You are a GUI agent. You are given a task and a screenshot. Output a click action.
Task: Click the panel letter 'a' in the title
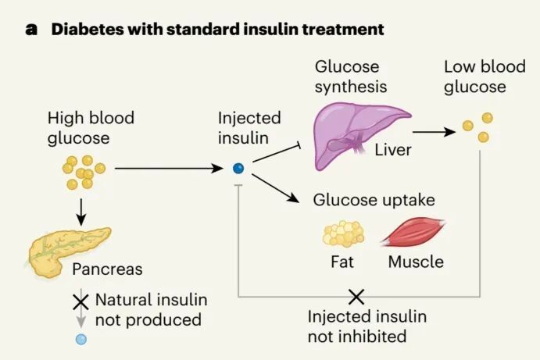pyautogui.click(x=31, y=30)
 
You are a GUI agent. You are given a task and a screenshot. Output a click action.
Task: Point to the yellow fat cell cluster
pyautogui.click(x=343, y=233)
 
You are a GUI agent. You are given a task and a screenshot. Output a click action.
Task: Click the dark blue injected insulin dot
pyautogui.click(x=238, y=168)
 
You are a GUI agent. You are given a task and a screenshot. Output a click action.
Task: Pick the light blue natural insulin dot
pyautogui.click(x=80, y=340)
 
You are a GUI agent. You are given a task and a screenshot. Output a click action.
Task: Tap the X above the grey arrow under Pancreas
pyautogui.click(x=80, y=301)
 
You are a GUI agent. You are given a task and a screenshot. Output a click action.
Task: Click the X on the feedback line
pyautogui.click(x=356, y=296)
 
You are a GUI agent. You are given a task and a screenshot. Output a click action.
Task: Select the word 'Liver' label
pyautogui.click(x=393, y=150)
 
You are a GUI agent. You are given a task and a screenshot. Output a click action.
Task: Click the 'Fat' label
pyautogui.click(x=342, y=262)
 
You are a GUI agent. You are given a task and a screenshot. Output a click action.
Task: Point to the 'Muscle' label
pyautogui.click(x=416, y=262)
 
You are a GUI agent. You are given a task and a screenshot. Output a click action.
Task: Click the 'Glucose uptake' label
pyautogui.click(x=374, y=200)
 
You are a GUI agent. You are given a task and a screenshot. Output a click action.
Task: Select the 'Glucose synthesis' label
pyautogui.click(x=350, y=77)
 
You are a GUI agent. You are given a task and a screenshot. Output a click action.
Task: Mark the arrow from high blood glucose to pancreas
pyautogui.click(x=80, y=209)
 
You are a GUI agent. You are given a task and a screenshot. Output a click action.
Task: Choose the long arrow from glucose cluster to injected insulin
pyautogui.click(x=169, y=168)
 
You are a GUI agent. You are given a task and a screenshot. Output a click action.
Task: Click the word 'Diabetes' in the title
pyautogui.click(x=85, y=30)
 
